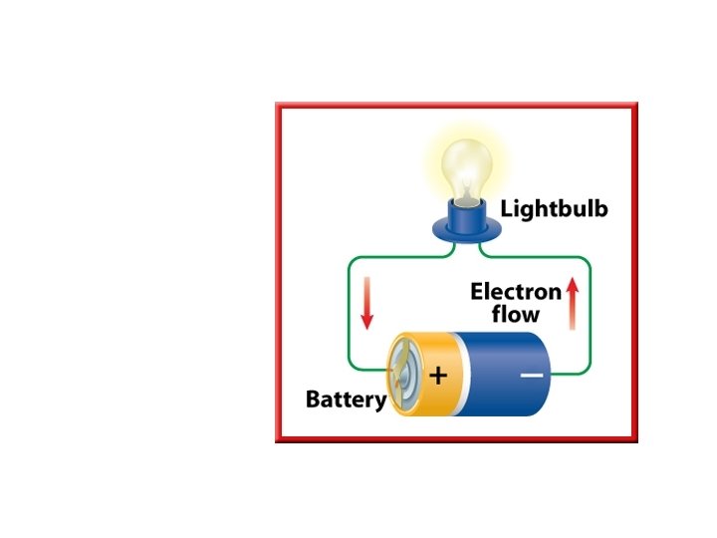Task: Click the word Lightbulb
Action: (x=554, y=209)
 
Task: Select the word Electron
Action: (x=516, y=292)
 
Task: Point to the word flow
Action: (x=516, y=315)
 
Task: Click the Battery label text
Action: (x=346, y=401)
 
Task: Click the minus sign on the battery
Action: (x=532, y=376)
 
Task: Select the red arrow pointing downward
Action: (x=366, y=303)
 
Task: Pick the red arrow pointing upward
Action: (x=572, y=303)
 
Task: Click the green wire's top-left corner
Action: (x=350, y=262)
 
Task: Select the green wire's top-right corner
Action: (x=588, y=262)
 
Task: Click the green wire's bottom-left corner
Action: (x=350, y=365)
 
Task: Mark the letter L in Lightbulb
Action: (x=506, y=209)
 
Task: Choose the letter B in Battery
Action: (x=312, y=401)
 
